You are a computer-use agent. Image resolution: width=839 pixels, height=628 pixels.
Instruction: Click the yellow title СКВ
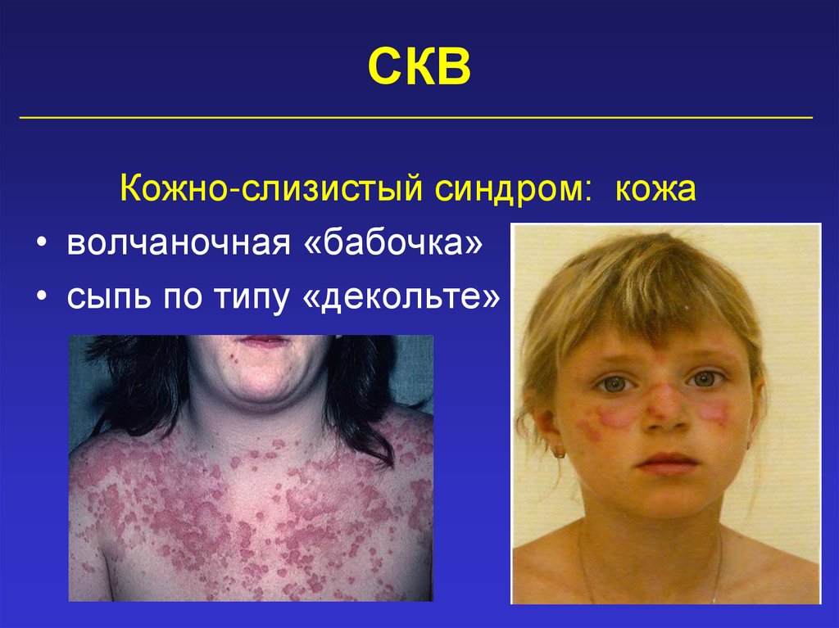419,66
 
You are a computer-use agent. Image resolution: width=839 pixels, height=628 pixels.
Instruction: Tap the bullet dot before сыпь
41,300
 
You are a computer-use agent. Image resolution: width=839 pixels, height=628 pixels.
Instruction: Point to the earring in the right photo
560,451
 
